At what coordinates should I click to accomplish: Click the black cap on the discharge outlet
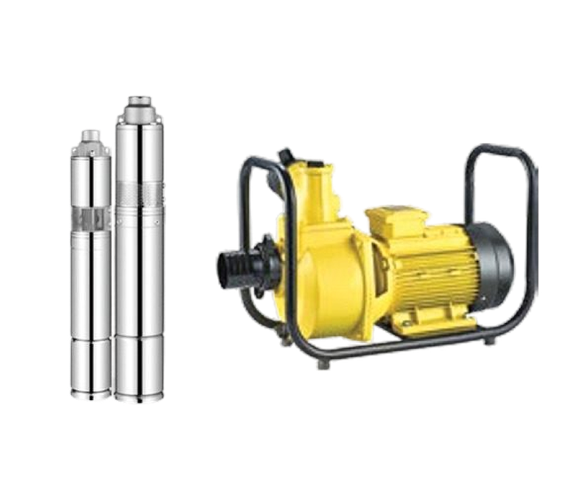point(286,156)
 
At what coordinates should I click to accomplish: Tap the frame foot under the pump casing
point(321,366)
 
